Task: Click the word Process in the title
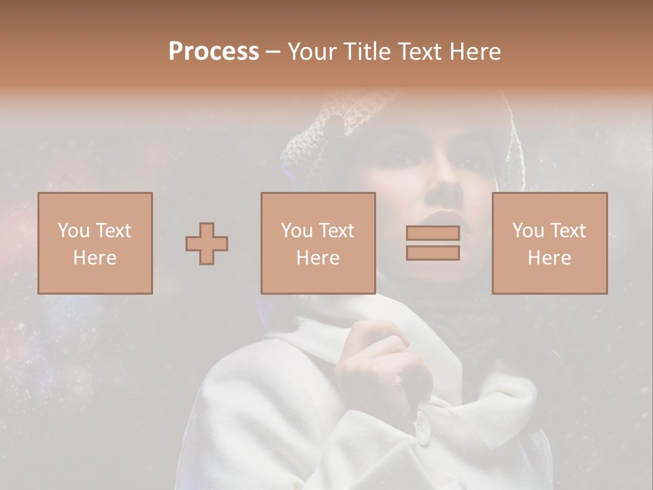(214, 52)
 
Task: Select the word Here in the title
(474, 52)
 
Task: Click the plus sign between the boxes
(207, 243)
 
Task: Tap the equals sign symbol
(433, 243)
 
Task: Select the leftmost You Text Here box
(95, 243)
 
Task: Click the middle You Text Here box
(318, 243)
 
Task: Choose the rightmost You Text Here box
(550, 243)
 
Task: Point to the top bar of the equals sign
(433, 233)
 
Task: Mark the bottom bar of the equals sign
(433, 252)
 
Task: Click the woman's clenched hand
(381, 361)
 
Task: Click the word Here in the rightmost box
(550, 258)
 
